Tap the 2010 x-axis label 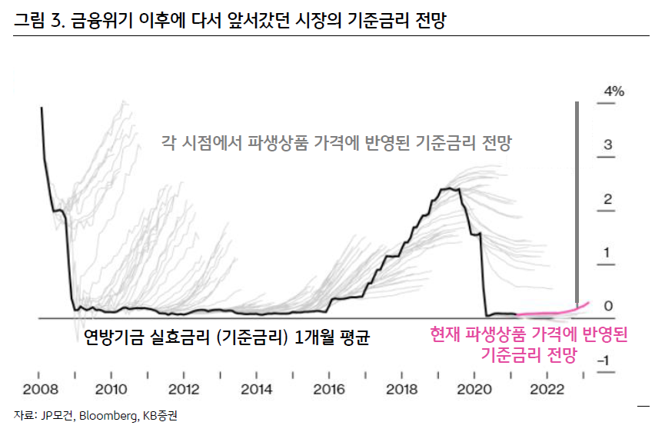coord(111,389)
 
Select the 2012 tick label coord(184,389)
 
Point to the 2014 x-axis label coord(256,389)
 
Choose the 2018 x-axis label coord(401,389)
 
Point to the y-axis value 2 coord(608,200)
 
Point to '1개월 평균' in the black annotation coord(332,337)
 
